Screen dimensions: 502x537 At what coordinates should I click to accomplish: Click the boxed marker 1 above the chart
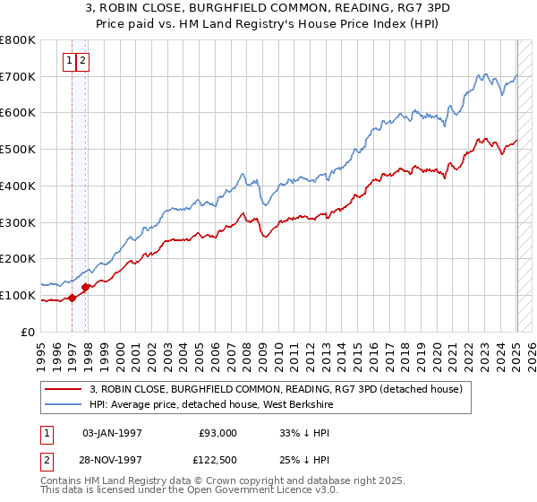pyautogui.click(x=68, y=61)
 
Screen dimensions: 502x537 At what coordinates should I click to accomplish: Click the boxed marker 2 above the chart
pyautogui.click(x=81, y=61)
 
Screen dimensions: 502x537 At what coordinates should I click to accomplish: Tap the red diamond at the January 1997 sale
pyautogui.click(x=72, y=299)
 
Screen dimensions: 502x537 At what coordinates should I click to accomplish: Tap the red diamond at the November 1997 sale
pyautogui.click(x=86, y=288)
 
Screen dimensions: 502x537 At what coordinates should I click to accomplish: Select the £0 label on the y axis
pyautogui.click(x=29, y=332)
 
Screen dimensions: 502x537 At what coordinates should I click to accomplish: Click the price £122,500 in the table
pyautogui.click(x=217, y=461)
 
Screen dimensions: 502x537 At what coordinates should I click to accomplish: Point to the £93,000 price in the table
pyautogui.click(x=218, y=432)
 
